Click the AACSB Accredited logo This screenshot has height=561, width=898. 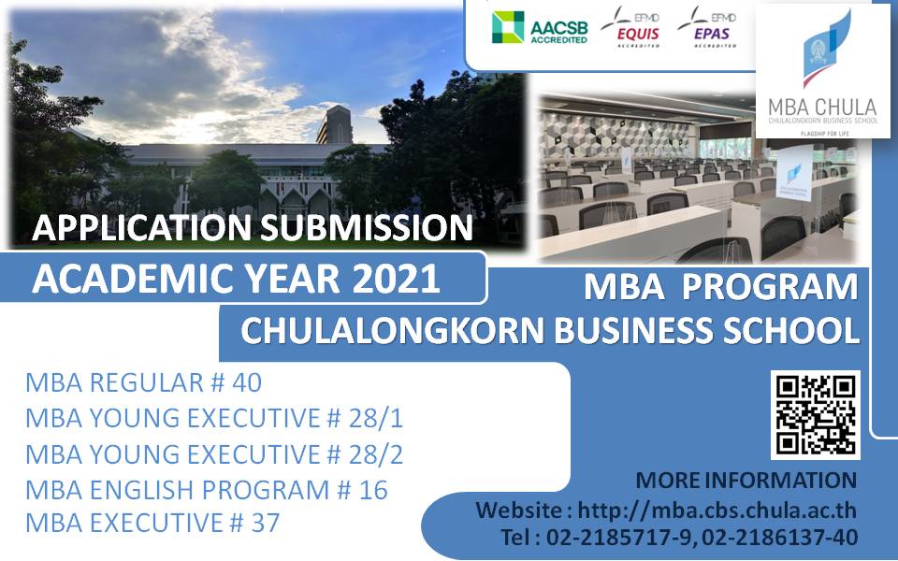[x=540, y=28]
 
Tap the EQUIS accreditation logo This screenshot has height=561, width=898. [x=631, y=27]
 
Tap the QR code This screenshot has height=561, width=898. [x=814, y=414]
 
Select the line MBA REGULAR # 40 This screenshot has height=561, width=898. [x=143, y=382]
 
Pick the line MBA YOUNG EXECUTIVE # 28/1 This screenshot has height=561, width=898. [x=213, y=418]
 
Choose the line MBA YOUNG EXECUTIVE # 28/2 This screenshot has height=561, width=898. [x=213, y=453]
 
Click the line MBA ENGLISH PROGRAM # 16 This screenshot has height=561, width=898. [x=206, y=489]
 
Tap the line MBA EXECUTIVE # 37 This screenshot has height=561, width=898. [x=152, y=523]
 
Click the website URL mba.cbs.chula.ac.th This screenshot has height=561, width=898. [x=717, y=511]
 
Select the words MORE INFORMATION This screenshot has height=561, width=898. [x=746, y=481]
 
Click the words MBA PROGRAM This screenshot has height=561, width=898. [x=720, y=288]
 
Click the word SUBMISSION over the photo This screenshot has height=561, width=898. [x=369, y=227]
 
